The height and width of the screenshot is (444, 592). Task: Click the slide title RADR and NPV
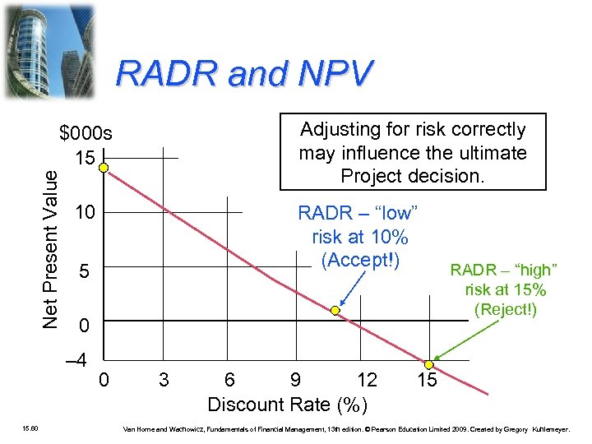pos(244,75)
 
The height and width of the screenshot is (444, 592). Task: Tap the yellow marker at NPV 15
pos(104,168)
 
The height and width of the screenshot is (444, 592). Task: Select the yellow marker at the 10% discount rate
pos(335,311)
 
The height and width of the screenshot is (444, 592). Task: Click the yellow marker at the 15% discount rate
pos(428,364)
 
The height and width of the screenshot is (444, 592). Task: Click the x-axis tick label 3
pos(164,381)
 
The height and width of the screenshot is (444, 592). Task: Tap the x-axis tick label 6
pos(229,381)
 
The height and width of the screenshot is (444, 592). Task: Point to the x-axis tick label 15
pos(427,381)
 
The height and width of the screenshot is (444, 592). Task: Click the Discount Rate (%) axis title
pos(287,405)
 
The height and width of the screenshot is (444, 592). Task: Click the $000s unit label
pos(86,134)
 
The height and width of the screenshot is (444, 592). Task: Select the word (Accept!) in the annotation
pos(360,261)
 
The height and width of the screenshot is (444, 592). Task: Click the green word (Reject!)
pos(505,309)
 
